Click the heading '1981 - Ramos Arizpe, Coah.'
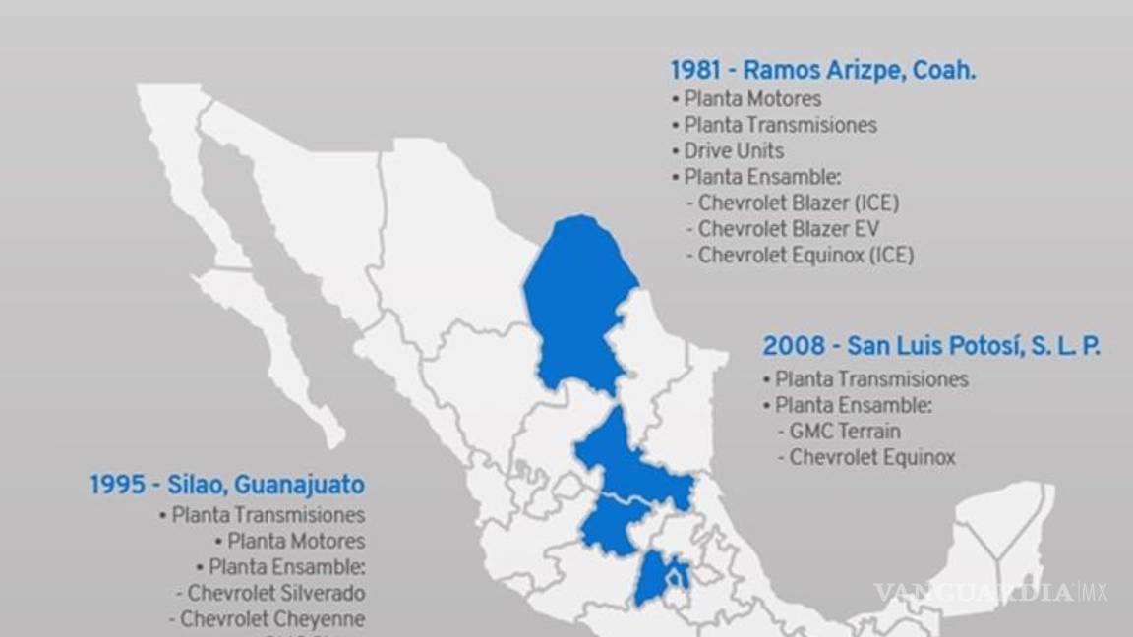[x=822, y=71]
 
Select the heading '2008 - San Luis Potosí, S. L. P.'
[x=930, y=346]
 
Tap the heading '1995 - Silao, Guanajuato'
[x=227, y=485]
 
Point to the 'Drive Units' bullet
[x=734, y=150]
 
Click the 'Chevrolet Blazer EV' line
[x=789, y=229]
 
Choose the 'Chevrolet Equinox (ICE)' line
[x=805, y=255]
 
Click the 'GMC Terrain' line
[x=844, y=431]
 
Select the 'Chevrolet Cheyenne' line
[x=272, y=619]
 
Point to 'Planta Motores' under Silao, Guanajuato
[x=296, y=541]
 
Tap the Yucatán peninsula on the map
[x=998, y=531]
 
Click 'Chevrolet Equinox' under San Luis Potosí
[x=872, y=457]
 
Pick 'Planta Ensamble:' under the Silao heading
[x=287, y=567]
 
